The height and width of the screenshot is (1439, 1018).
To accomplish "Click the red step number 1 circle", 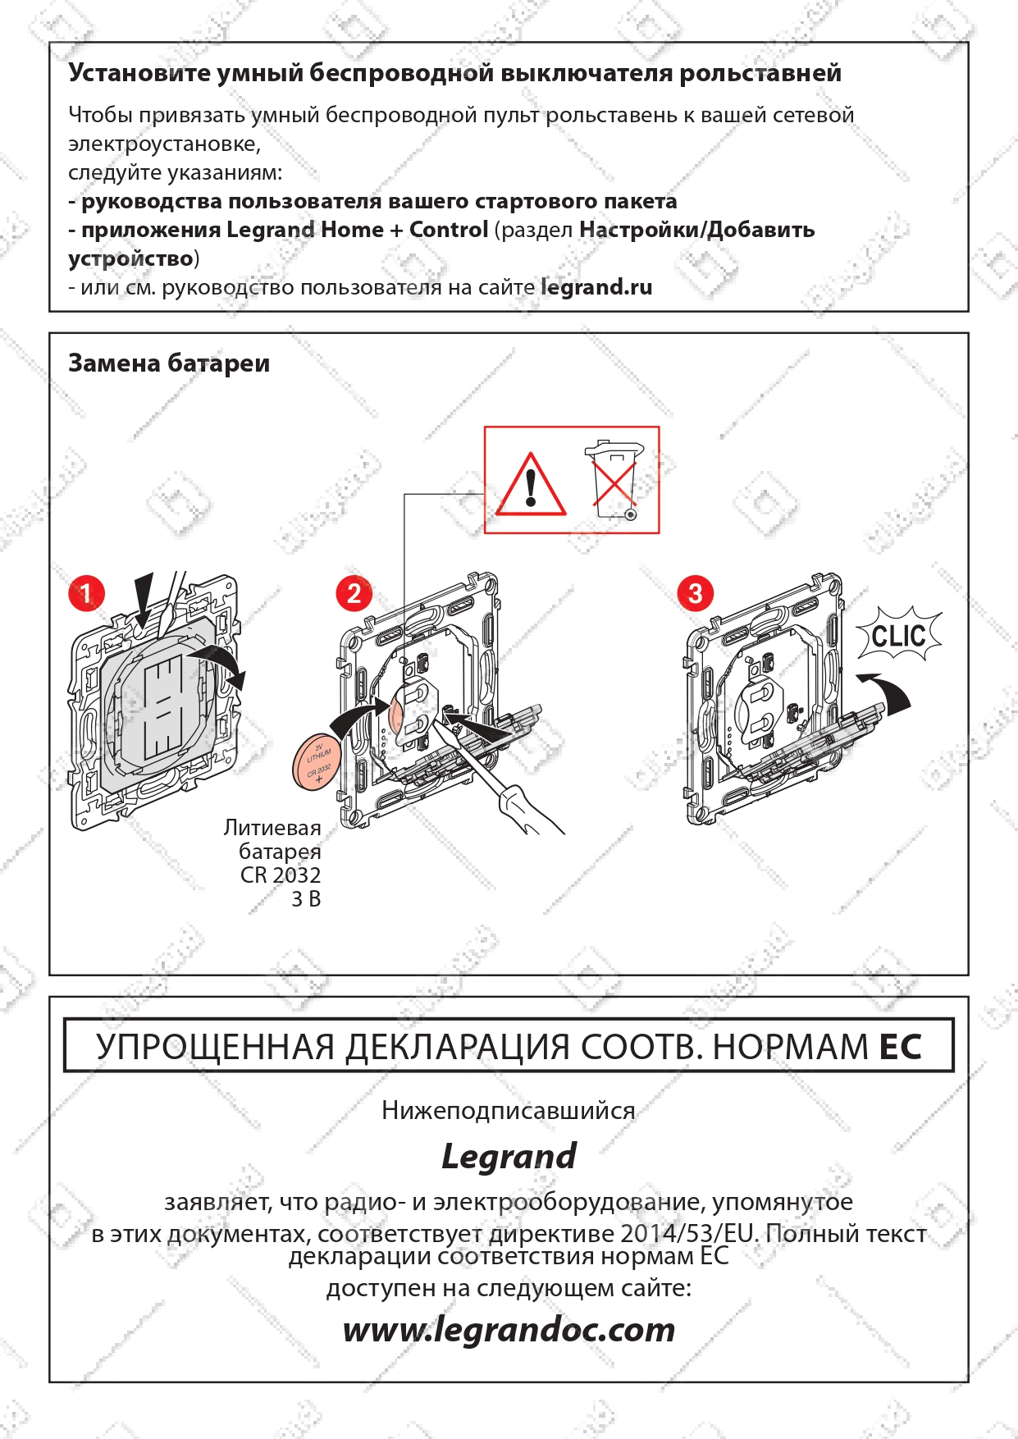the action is [86, 593].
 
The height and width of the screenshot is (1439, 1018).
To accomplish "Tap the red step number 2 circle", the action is [354, 593].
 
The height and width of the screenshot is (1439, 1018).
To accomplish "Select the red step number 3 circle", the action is [696, 593].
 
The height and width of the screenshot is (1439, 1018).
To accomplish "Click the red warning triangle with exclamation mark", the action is [532, 484].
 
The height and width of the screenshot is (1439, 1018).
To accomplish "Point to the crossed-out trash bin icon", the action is [614, 481].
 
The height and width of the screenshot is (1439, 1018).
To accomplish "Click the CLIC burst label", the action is [899, 635].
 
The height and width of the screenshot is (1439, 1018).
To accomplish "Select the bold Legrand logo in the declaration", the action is [509, 1157].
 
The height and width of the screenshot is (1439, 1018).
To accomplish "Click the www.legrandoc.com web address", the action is [509, 1330].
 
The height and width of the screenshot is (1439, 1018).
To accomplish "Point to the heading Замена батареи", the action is [169, 363].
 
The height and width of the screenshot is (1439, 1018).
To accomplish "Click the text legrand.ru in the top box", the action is [596, 288].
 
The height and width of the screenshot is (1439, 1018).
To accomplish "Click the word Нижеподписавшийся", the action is [509, 1111].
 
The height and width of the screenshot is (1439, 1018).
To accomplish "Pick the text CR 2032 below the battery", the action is [281, 875].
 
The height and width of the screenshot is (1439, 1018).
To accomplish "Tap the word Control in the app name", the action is [449, 230].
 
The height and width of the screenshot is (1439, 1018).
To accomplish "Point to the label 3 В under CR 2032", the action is [306, 899].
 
